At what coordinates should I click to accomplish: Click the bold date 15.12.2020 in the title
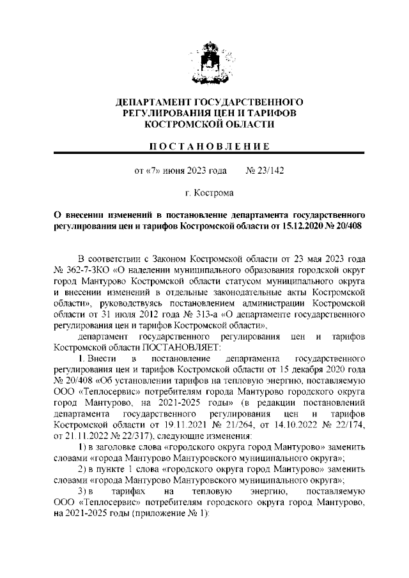(x=304, y=226)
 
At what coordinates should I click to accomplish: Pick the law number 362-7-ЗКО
(x=91, y=269)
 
